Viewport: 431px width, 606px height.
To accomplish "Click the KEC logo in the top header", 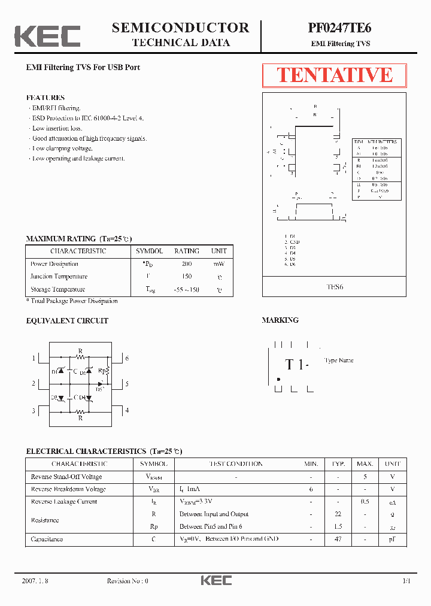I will pos(47,36).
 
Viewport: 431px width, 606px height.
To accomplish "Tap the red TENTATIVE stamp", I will pos(334,75).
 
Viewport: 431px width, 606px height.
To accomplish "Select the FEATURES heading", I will pos(45,98).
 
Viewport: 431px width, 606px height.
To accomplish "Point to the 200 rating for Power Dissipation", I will pos(187,264).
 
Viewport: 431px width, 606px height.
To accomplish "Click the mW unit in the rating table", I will pos(218,264).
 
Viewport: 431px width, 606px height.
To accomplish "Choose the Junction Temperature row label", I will pos(59,277).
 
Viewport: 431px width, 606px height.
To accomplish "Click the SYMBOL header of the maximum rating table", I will pos(149,252).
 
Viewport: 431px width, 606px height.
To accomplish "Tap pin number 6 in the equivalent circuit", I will pos(127,358).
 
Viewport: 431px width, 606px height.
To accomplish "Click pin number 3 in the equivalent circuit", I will pos(34,411).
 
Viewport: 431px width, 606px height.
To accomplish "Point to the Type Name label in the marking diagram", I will pos(339,360).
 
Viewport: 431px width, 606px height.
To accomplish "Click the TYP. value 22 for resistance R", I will pos(338,514).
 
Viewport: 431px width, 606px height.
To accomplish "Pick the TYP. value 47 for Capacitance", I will pos(338,540).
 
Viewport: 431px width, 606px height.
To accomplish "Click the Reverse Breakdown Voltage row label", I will pos(68,489).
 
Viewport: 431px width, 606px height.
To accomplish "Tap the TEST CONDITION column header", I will pos(235,464).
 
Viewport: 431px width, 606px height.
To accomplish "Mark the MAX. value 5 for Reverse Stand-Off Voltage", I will pos(365,477).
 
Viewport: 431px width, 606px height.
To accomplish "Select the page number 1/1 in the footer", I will pos(406,581).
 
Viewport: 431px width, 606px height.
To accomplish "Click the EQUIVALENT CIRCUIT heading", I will pos(67,321).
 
